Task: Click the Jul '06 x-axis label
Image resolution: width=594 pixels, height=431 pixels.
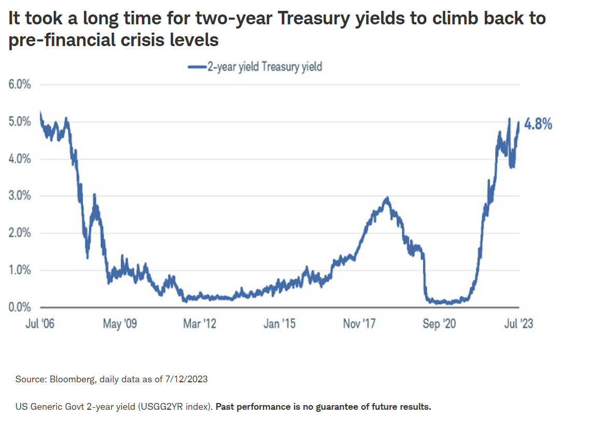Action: pos(40,324)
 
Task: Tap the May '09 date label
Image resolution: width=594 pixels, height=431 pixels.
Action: pos(120,324)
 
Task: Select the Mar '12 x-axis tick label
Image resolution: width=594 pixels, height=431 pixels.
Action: pos(199,324)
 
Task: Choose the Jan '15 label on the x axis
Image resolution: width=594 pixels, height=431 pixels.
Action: pos(279,324)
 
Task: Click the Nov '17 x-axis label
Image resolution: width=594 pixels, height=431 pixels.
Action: pos(359,324)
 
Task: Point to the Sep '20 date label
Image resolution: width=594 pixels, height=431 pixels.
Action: pos(439,324)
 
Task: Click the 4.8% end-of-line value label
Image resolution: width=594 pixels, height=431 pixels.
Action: pos(539,124)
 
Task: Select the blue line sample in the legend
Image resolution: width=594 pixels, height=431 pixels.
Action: pos(196,67)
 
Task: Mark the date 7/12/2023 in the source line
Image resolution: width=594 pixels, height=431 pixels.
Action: pos(186,379)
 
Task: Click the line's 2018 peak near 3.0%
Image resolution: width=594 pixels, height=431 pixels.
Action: pos(386,198)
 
